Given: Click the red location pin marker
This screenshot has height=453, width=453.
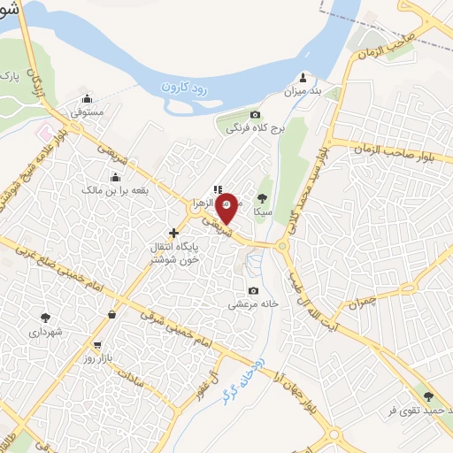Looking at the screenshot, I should click(226, 209).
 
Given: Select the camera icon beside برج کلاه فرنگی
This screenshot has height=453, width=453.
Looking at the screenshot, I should click(256, 114).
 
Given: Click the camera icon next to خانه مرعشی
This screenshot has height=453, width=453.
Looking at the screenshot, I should click(254, 291).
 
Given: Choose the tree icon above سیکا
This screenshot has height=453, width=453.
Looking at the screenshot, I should click(262, 198).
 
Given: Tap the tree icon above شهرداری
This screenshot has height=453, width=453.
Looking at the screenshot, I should click(44, 317).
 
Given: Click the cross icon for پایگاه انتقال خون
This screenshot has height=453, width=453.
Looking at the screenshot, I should click(173, 233).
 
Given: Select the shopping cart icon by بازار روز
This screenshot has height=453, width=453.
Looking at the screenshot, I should click(96, 346).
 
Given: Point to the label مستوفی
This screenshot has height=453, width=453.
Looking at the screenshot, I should click(88, 113).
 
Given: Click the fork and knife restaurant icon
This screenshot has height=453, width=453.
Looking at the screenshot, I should click(218, 188).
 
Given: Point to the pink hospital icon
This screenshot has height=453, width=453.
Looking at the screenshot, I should click(41, 131).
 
